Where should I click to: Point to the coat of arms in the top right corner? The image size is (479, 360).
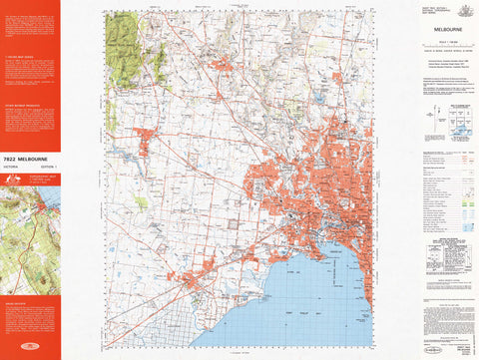point(461,9)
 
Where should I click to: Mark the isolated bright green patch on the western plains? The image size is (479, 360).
point(141,202)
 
